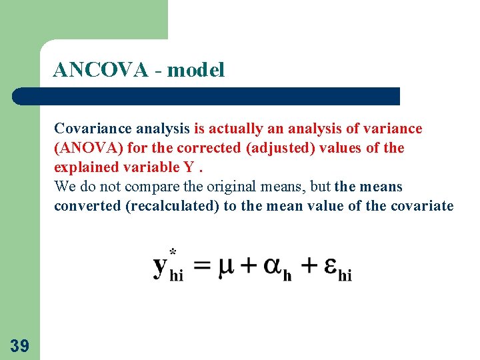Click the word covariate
point(421,205)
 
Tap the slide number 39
point(19,345)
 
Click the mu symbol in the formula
point(227,266)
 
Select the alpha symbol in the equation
point(273,266)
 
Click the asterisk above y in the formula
point(173,251)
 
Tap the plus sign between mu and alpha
point(249,266)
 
